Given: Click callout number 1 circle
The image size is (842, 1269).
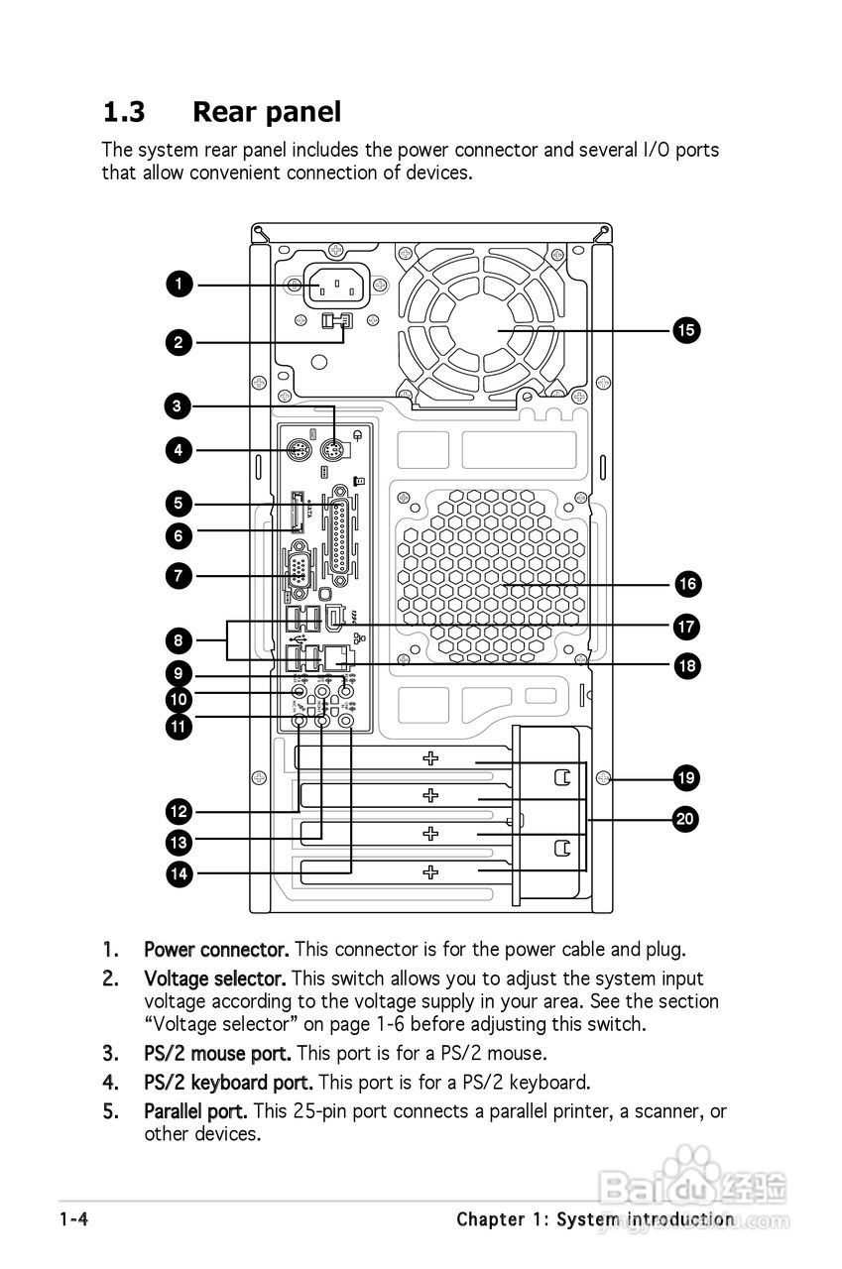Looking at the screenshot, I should [x=179, y=286].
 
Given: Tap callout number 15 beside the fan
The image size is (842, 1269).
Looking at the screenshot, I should [x=686, y=330].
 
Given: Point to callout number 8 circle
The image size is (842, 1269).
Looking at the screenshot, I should [x=179, y=640].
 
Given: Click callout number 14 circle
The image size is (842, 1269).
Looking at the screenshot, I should [x=179, y=873].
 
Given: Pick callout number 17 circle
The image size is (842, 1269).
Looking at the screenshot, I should [x=686, y=627].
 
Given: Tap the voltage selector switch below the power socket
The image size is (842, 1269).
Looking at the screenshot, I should [x=337, y=321].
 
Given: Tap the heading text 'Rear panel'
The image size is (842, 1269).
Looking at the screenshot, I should [x=266, y=112].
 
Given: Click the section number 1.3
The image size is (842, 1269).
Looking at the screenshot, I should [x=124, y=112].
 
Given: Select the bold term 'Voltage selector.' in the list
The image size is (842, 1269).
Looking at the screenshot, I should [x=214, y=979].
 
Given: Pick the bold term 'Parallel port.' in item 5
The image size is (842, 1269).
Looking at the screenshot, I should [x=195, y=1111].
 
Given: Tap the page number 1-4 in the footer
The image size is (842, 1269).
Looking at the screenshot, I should [x=73, y=1219].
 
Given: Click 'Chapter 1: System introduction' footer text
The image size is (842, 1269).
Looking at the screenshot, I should [x=595, y=1219].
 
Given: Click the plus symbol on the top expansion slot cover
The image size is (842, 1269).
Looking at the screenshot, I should [x=430, y=758].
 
